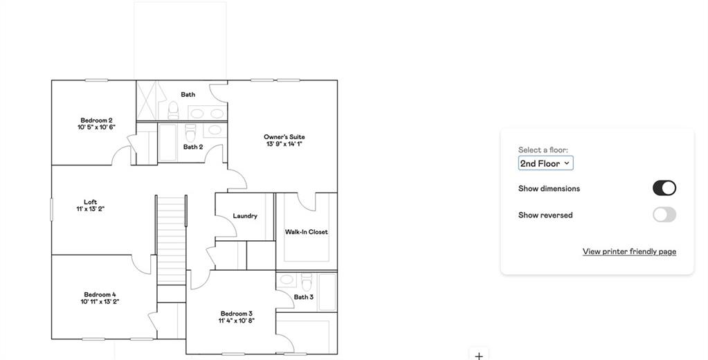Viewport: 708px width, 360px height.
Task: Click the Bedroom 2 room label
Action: pyautogui.click(x=97, y=120)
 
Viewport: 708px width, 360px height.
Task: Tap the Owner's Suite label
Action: pyautogui.click(x=284, y=137)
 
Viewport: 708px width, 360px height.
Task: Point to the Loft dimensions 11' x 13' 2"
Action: pyautogui.click(x=91, y=209)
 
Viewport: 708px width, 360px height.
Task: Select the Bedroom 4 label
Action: pyautogui.click(x=100, y=294)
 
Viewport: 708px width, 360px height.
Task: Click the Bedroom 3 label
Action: pyautogui.click(x=237, y=314)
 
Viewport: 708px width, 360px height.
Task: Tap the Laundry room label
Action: pyautogui.click(x=245, y=216)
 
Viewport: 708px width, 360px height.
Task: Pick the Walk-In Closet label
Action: pyautogui.click(x=306, y=232)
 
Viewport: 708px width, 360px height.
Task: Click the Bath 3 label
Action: pyautogui.click(x=304, y=297)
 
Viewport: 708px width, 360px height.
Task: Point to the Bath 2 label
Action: pyautogui.click(x=193, y=147)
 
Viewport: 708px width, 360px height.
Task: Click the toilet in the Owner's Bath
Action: pyautogui.click(x=173, y=111)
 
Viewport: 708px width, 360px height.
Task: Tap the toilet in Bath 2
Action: pyautogui.click(x=191, y=132)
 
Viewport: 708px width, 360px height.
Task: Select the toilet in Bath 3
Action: pyautogui.click(x=307, y=282)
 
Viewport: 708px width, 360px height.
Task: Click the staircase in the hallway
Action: pyautogui.click(x=171, y=240)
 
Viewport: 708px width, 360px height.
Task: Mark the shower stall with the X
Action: pyautogui.click(x=147, y=100)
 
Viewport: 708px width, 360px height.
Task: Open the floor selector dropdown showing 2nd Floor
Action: pyautogui.click(x=545, y=163)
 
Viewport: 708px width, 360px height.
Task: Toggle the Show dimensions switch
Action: pyautogui.click(x=664, y=188)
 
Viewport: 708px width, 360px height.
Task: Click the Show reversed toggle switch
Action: pyautogui.click(x=664, y=215)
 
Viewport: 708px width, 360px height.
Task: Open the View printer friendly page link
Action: pyautogui.click(x=629, y=251)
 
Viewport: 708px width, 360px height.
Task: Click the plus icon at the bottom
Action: pyautogui.click(x=479, y=356)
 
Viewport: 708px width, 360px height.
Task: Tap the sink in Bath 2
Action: pyautogui.click(x=215, y=130)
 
